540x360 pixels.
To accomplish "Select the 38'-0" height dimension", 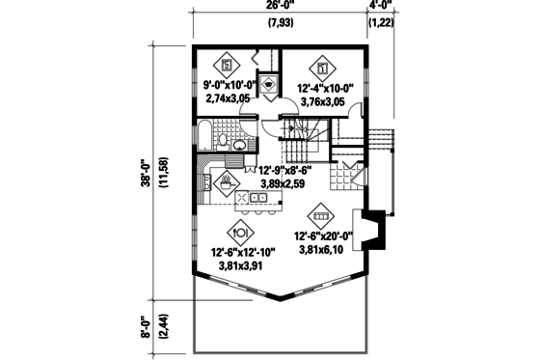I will click(146, 176).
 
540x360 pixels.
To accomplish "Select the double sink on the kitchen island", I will click(257, 198).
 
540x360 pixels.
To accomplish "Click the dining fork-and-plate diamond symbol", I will click(240, 232).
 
